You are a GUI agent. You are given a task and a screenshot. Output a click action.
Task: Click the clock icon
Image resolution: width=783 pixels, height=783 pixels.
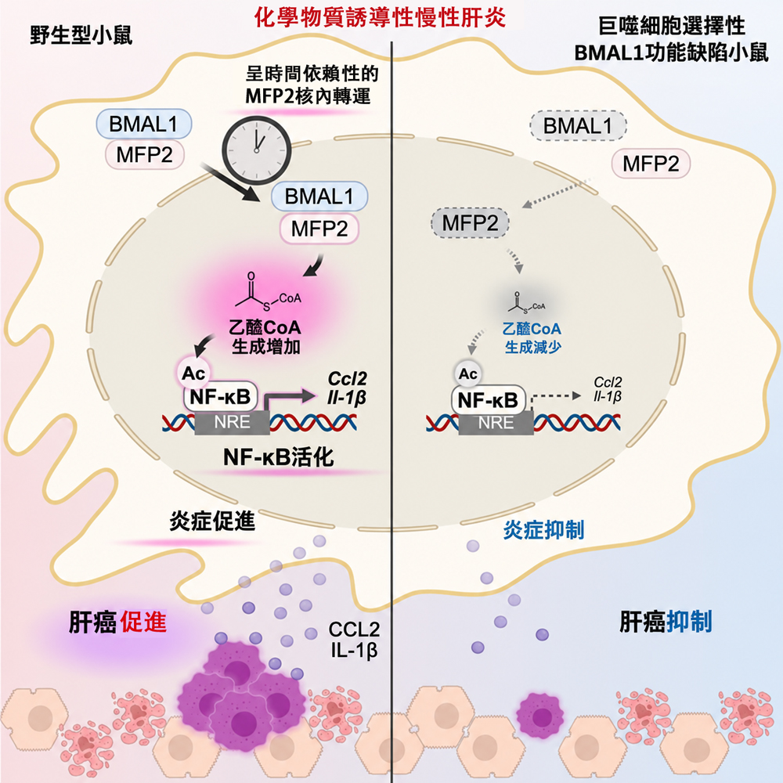256,150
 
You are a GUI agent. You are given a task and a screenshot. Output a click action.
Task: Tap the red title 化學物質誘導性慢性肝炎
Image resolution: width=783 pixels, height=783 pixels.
381,17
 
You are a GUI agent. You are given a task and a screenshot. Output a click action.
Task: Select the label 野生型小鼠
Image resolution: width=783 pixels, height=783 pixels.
81,35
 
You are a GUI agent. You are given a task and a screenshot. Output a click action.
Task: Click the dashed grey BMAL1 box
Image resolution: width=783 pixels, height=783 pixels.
578,125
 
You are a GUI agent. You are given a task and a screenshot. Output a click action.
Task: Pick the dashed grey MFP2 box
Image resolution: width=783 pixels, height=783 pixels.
470,222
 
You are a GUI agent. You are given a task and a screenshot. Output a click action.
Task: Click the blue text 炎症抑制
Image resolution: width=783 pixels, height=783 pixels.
543,529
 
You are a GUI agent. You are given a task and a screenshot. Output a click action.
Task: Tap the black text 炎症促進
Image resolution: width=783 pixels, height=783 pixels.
212,521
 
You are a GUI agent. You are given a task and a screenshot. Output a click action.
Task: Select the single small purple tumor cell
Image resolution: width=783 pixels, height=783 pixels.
540,716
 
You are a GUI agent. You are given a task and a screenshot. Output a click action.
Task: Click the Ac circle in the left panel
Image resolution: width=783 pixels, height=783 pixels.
193,373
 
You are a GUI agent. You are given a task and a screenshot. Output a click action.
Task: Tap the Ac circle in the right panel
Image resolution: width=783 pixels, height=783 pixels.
468,373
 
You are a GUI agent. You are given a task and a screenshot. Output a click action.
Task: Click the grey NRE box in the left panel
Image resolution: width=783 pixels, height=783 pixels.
233,423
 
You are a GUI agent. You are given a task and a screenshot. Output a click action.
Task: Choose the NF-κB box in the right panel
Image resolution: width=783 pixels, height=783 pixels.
488,400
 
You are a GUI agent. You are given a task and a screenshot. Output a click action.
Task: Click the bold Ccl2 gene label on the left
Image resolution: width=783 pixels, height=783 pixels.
347,378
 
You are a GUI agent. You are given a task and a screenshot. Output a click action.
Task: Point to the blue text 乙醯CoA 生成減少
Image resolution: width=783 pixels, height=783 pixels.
532,337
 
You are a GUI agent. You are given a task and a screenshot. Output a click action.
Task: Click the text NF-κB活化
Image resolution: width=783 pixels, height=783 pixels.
278,457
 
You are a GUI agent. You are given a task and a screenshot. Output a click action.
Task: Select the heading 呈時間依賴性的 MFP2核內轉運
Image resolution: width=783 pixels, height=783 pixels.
311,85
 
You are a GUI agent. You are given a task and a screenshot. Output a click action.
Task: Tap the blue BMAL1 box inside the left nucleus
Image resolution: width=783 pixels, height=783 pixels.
319,197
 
